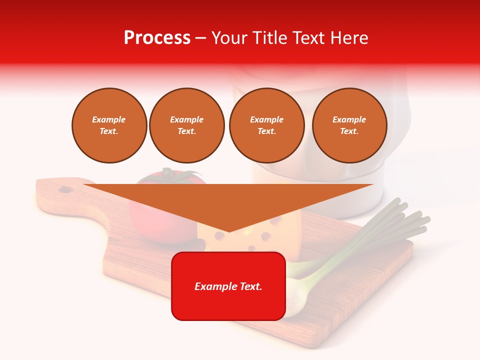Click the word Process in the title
point(157,38)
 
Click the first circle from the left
point(109,125)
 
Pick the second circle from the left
point(186,125)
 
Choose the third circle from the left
point(266,125)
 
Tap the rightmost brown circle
point(349,125)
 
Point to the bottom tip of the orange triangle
point(228,231)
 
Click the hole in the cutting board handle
point(65,189)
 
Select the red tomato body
point(150,220)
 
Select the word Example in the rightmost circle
point(349,119)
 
